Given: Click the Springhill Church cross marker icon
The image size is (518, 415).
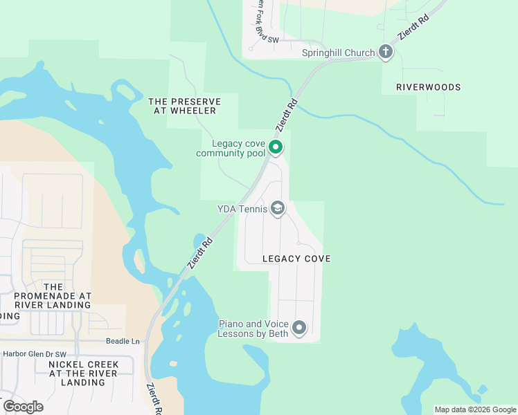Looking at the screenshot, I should tap(386, 52).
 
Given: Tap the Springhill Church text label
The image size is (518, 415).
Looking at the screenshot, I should tap(339, 53).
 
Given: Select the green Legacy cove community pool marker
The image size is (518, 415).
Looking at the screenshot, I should tap(276, 147).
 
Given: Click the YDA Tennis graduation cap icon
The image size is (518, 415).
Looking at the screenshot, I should tap(278, 208).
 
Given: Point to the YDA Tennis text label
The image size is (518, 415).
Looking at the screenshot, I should tap(240, 208).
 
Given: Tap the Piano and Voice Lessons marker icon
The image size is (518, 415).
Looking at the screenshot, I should tap(299, 328).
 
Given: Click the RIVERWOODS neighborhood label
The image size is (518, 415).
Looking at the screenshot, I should tap(428, 88).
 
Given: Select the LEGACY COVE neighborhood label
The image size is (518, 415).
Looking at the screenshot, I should tap(296, 259).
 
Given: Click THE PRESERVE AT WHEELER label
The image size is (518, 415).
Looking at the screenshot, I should tap(185, 107).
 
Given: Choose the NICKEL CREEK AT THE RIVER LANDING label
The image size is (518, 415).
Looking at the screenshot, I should tap(83, 373).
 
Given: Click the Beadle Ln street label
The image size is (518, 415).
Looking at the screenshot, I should tap(123, 341).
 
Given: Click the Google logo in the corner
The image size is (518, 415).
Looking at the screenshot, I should tap(23, 406).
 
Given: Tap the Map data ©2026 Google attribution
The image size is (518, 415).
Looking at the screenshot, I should tap(474, 409).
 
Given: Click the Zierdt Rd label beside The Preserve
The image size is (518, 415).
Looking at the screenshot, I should tap(287, 116).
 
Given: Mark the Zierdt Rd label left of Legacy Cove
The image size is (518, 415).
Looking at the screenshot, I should tap(199, 251).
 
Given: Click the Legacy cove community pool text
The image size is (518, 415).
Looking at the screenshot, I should tap(229, 148).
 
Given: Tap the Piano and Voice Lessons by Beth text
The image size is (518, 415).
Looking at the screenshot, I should tap(253, 329).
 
